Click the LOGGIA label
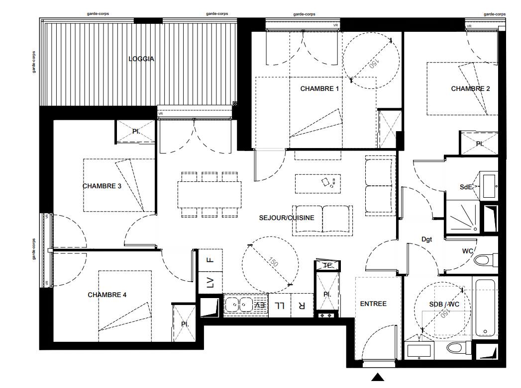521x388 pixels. click(141, 59)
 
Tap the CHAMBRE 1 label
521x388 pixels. click(319, 89)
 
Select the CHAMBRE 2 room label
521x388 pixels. click(470, 89)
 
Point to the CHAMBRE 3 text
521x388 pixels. click(102, 186)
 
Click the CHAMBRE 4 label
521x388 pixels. click(107, 295)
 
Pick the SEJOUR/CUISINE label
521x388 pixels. click(287, 218)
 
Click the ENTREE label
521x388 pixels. click(373, 304)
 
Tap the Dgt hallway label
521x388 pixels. click(426, 239)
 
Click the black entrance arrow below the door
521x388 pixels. click(378, 377)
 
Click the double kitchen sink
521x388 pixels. click(239, 305)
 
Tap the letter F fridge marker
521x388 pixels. click(210, 260)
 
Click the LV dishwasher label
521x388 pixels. click(210, 283)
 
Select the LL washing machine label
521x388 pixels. click(280, 306)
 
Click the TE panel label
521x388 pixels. click(327, 265)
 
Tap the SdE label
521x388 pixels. click(466, 187)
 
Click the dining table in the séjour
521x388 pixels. click(209, 195)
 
